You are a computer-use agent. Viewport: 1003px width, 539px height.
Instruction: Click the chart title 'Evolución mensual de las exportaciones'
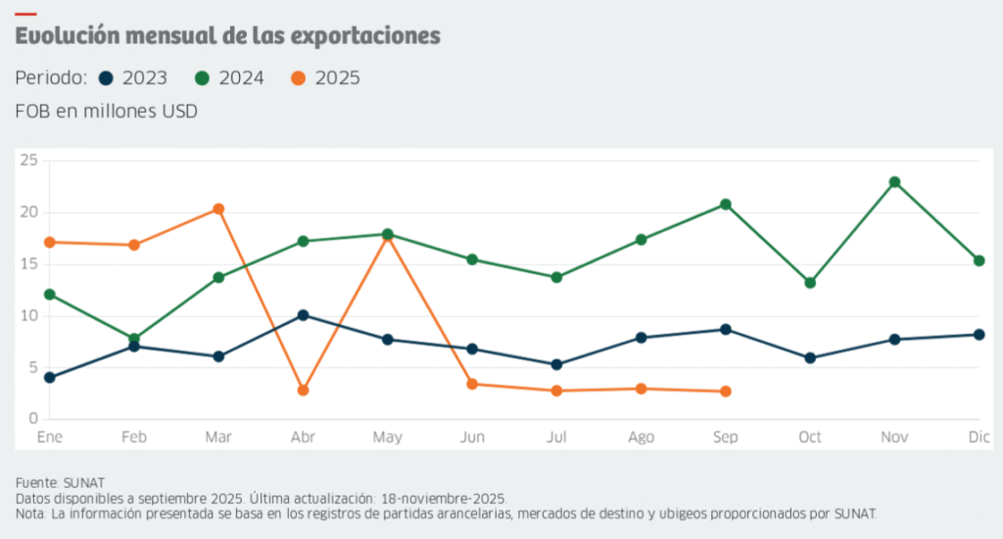227,37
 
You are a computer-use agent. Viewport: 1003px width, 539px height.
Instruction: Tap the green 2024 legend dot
202,78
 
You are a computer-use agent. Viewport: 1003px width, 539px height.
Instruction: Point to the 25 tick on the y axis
27,160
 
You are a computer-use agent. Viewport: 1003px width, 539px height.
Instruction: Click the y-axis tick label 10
27,316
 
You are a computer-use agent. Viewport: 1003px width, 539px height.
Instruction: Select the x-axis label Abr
303,438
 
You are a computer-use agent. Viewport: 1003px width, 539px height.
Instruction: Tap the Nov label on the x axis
894,438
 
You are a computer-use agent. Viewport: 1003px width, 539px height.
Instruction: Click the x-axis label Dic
978,438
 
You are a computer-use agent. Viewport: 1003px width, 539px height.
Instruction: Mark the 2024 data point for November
894,182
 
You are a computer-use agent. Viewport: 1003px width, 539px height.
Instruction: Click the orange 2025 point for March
218,209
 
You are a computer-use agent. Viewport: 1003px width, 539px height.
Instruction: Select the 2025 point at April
303,390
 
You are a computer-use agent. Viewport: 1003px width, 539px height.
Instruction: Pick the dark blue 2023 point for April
303,315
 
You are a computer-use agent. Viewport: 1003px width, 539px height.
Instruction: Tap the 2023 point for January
49,377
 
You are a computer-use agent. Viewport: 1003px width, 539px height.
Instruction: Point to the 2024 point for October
810,282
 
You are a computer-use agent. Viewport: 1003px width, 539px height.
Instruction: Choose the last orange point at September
725,391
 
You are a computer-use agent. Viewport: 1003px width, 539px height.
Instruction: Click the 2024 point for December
979,260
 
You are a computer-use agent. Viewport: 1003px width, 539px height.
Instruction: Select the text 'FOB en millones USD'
107,112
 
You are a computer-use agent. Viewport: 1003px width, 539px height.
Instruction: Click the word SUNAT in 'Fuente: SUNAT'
83,482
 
